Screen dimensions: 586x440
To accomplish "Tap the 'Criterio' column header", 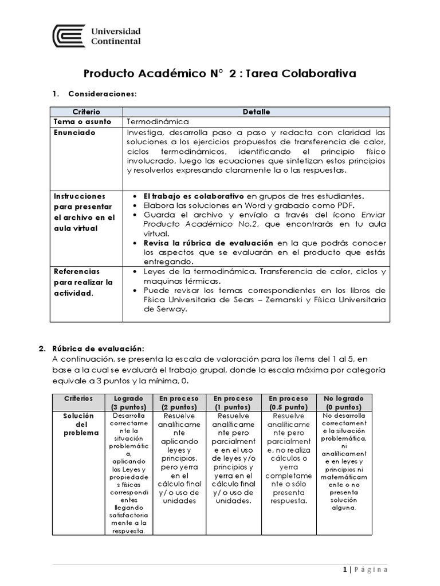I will point(86,112).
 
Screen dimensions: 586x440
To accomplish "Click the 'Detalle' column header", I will point(256,112).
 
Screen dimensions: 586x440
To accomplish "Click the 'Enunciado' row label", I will point(74,132).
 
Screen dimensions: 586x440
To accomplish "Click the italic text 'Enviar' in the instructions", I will point(372,214).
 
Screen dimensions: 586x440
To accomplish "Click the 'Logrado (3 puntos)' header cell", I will point(129,402).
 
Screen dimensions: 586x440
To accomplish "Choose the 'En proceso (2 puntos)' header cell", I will point(179,402).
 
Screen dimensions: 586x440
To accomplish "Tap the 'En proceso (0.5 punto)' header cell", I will point(288,402).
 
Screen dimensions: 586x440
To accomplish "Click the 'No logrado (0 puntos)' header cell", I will point(344,402).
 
